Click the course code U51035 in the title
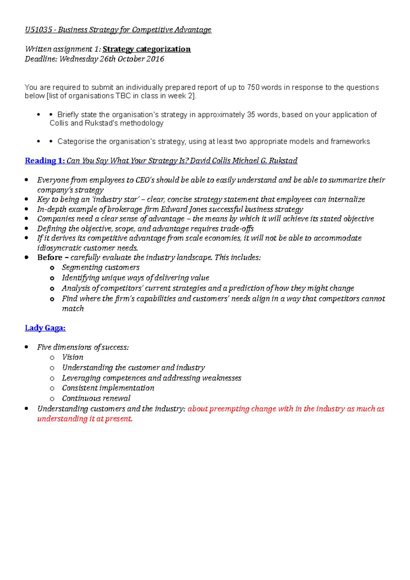38,30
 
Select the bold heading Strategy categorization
147,49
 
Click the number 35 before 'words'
251,115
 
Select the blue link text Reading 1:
45,161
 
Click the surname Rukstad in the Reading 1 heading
283,161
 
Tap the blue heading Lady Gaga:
45,328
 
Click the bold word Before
50,258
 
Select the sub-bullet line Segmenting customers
100,267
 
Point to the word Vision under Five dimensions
72,357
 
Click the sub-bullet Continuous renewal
96,398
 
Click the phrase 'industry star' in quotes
116,199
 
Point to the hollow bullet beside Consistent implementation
52,388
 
